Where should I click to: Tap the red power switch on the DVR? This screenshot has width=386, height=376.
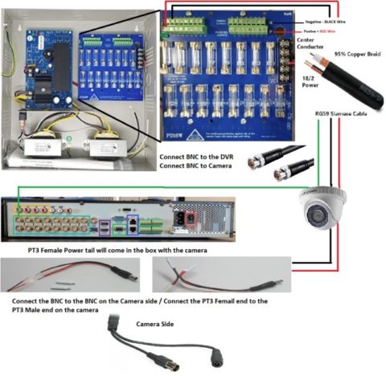191,219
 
